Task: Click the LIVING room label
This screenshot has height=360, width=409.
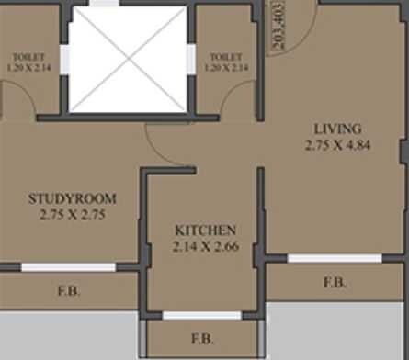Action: pos(336,129)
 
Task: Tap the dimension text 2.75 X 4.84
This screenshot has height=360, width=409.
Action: pos(336,145)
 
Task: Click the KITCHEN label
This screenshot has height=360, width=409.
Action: pos(206,230)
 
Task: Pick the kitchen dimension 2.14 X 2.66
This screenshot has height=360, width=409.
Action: pos(206,246)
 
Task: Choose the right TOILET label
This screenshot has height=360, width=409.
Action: pos(224,55)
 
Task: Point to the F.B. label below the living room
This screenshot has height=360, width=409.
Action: pos(335,283)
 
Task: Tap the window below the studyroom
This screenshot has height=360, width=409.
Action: pos(68,267)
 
